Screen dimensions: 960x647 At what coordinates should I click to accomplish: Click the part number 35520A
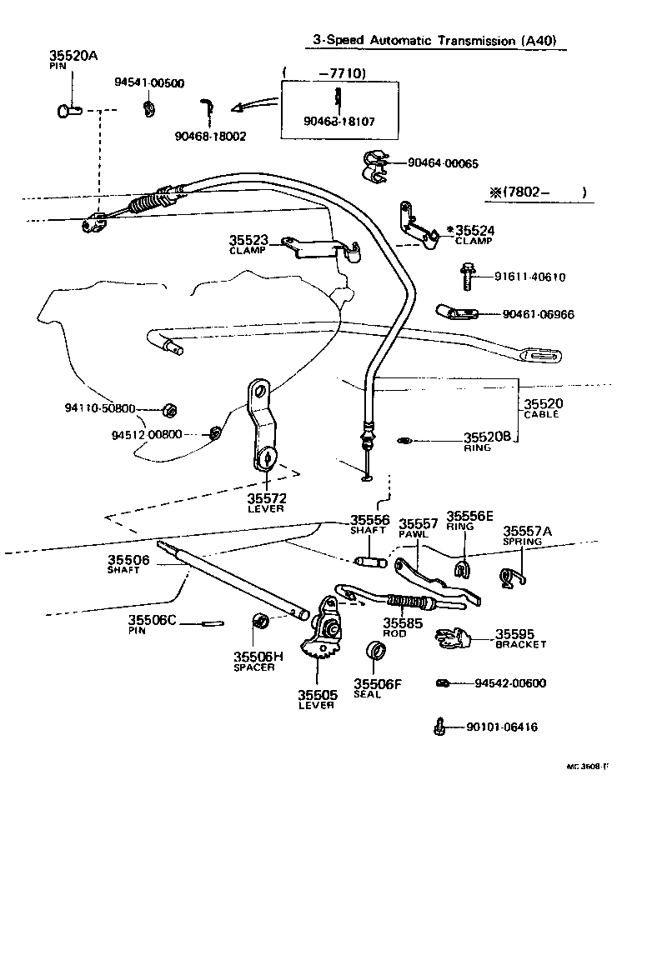[74, 56]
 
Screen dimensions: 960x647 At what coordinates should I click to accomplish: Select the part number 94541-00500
[149, 82]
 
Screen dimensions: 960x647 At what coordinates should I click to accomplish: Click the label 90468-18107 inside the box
[339, 121]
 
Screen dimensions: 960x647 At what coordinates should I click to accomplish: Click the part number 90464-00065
[443, 164]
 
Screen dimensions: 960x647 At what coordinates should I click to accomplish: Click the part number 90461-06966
[538, 315]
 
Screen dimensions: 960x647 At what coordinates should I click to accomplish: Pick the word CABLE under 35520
[542, 415]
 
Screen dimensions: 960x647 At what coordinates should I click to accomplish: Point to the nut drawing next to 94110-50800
[168, 409]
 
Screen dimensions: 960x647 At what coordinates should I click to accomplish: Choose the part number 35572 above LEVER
[266, 497]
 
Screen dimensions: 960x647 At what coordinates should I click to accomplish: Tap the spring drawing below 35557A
[513, 574]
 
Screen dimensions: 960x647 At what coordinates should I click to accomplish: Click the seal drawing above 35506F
[376, 652]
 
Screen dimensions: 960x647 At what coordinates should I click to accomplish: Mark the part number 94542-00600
[510, 683]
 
